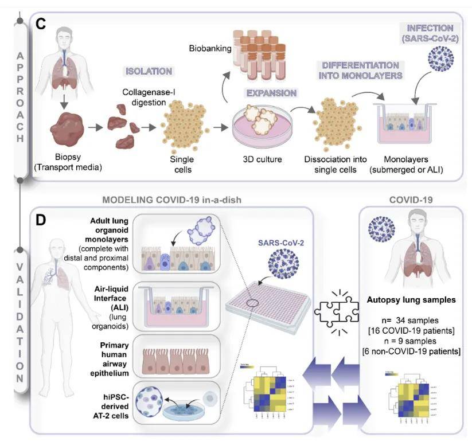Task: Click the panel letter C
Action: tap(41, 24)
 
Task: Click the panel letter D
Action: tap(41, 221)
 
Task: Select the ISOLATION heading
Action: tap(149, 72)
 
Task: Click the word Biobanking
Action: tap(210, 49)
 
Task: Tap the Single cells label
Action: tap(182, 163)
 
